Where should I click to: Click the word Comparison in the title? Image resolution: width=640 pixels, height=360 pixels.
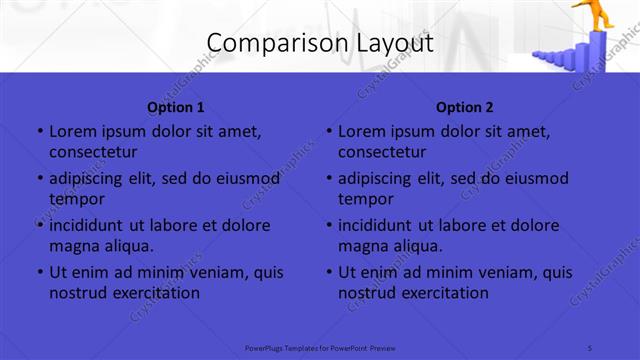268,43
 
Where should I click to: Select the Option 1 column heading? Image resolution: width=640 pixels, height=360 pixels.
176,107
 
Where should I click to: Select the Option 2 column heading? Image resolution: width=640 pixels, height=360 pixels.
465,107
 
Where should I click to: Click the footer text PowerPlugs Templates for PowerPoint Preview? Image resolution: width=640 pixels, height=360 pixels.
320,347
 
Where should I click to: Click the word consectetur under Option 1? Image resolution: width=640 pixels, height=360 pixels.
93,152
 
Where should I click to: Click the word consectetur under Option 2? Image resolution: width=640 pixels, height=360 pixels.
382,152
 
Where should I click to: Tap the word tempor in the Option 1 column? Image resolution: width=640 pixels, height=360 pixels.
77,199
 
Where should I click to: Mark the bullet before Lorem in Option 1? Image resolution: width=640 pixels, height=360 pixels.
40,131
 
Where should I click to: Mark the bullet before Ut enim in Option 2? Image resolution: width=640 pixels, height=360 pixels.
329,272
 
